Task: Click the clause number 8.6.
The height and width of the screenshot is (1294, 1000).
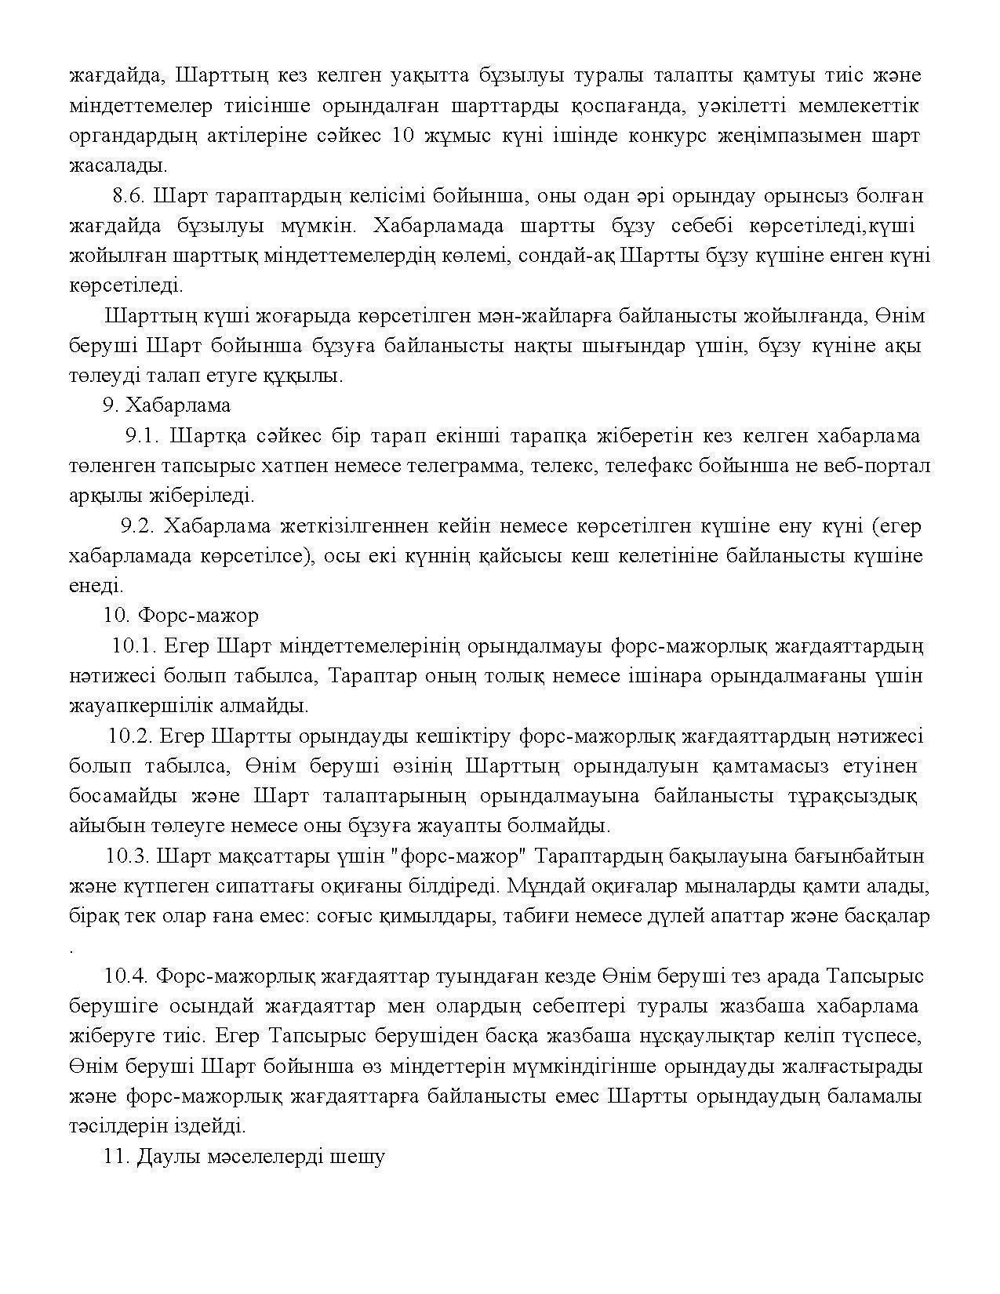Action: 129,195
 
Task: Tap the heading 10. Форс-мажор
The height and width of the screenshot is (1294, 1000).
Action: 180,616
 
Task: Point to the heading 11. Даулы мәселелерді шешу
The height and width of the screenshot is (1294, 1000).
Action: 244,1157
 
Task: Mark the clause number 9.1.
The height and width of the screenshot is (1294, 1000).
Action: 142,436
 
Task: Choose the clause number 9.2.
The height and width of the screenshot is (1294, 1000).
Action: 136,526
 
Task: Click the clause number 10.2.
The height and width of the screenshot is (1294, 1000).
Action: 129,736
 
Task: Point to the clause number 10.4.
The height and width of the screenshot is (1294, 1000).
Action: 126,976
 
